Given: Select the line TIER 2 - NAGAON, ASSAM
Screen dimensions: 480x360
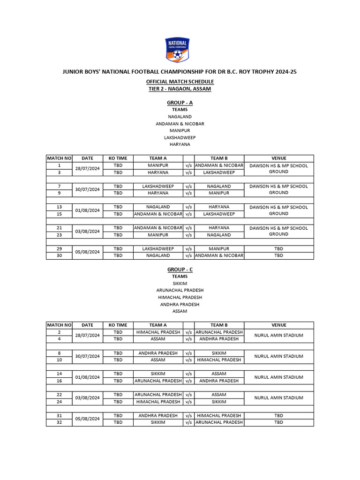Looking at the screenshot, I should click(180, 89).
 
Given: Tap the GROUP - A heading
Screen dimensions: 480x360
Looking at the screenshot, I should click(180, 102).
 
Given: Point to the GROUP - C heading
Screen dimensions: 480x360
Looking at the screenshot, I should click(180, 270).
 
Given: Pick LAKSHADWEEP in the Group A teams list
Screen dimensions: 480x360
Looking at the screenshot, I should click(180, 137).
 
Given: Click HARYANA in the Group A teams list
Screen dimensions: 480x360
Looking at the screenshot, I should click(180, 144).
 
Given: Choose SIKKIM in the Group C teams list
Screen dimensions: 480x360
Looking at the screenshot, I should click(180, 283).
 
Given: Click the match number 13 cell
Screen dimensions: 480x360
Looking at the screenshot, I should click(59, 207).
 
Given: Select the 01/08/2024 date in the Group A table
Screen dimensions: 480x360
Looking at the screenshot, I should click(87, 210).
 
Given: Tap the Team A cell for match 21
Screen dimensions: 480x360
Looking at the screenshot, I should click(158, 228).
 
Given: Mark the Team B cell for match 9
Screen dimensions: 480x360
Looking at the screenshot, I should click(219, 193).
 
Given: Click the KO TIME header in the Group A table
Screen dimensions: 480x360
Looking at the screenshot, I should click(118, 158).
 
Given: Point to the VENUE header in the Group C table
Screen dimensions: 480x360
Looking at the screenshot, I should click(278, 325).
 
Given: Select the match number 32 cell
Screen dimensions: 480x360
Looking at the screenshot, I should click(59, 422).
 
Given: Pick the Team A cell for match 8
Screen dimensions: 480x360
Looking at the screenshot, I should click(158, 353).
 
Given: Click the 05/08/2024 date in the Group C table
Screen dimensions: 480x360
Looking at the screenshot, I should click(87, 419).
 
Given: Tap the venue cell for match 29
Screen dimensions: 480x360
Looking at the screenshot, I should click(278, 248).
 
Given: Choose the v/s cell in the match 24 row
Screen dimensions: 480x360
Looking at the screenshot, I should click(188, 402).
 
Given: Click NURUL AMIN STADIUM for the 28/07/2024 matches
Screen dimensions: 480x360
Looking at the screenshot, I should click(278, 335).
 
